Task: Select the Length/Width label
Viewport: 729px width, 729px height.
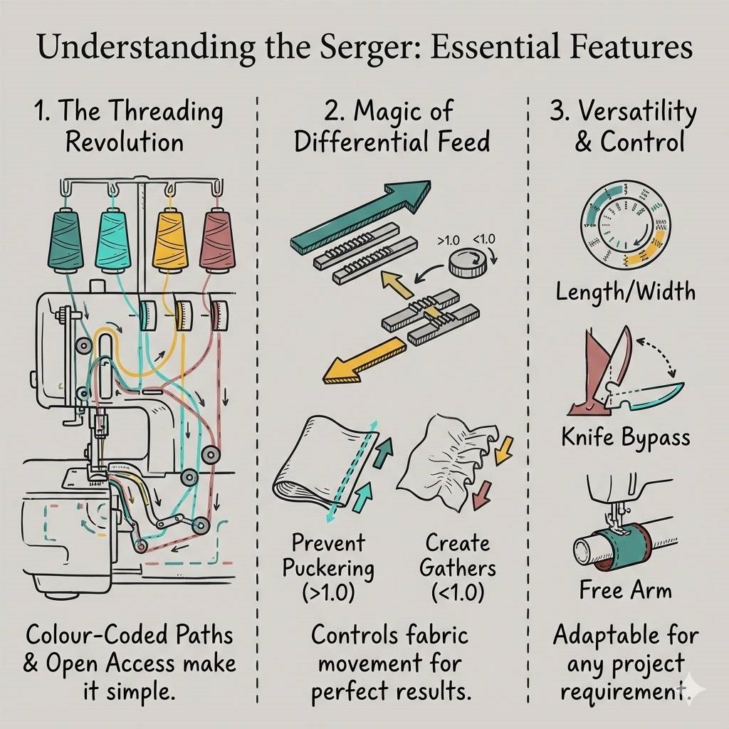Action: [x=625, y=291]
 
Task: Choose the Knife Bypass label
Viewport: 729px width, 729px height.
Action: [x=625, y=436]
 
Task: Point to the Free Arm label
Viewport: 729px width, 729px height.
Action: [x=625, y=590]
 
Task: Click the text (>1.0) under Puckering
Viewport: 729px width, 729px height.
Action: [x=327, y=592]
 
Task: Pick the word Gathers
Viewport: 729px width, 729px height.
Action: [x=457, y=568]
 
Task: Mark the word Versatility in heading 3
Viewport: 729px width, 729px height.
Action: [x=635, y=112]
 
